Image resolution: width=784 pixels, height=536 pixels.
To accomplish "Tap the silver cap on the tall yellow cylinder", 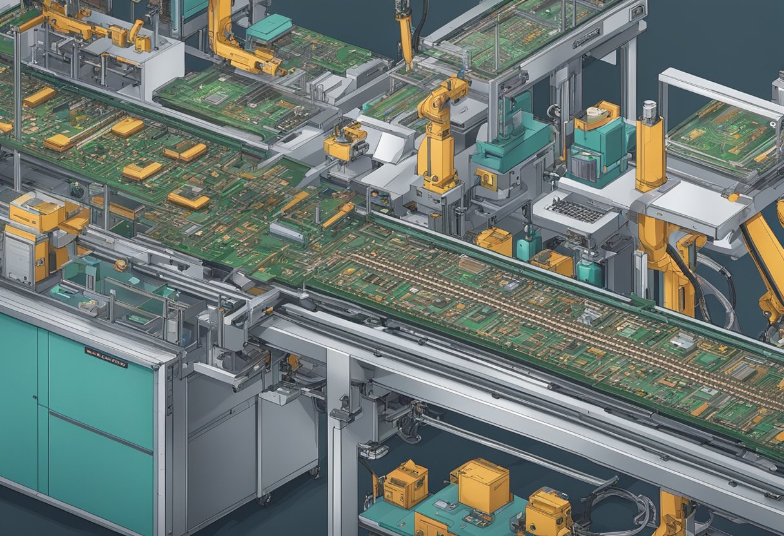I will tap(649, 110).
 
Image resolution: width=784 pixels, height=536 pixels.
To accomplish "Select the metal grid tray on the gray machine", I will tap(576, 210).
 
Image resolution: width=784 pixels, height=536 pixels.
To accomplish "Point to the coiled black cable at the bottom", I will tap(623, 503).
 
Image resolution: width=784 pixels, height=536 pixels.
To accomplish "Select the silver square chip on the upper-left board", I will tap(216, 98).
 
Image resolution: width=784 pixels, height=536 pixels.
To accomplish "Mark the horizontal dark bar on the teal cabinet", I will tap(100, 430).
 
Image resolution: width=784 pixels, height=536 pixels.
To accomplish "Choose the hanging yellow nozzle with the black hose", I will tap(405, 32).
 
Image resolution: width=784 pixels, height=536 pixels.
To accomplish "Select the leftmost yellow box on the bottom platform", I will tap(404, 484).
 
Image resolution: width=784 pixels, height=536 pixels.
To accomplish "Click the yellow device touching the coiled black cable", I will tap(548, 513).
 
